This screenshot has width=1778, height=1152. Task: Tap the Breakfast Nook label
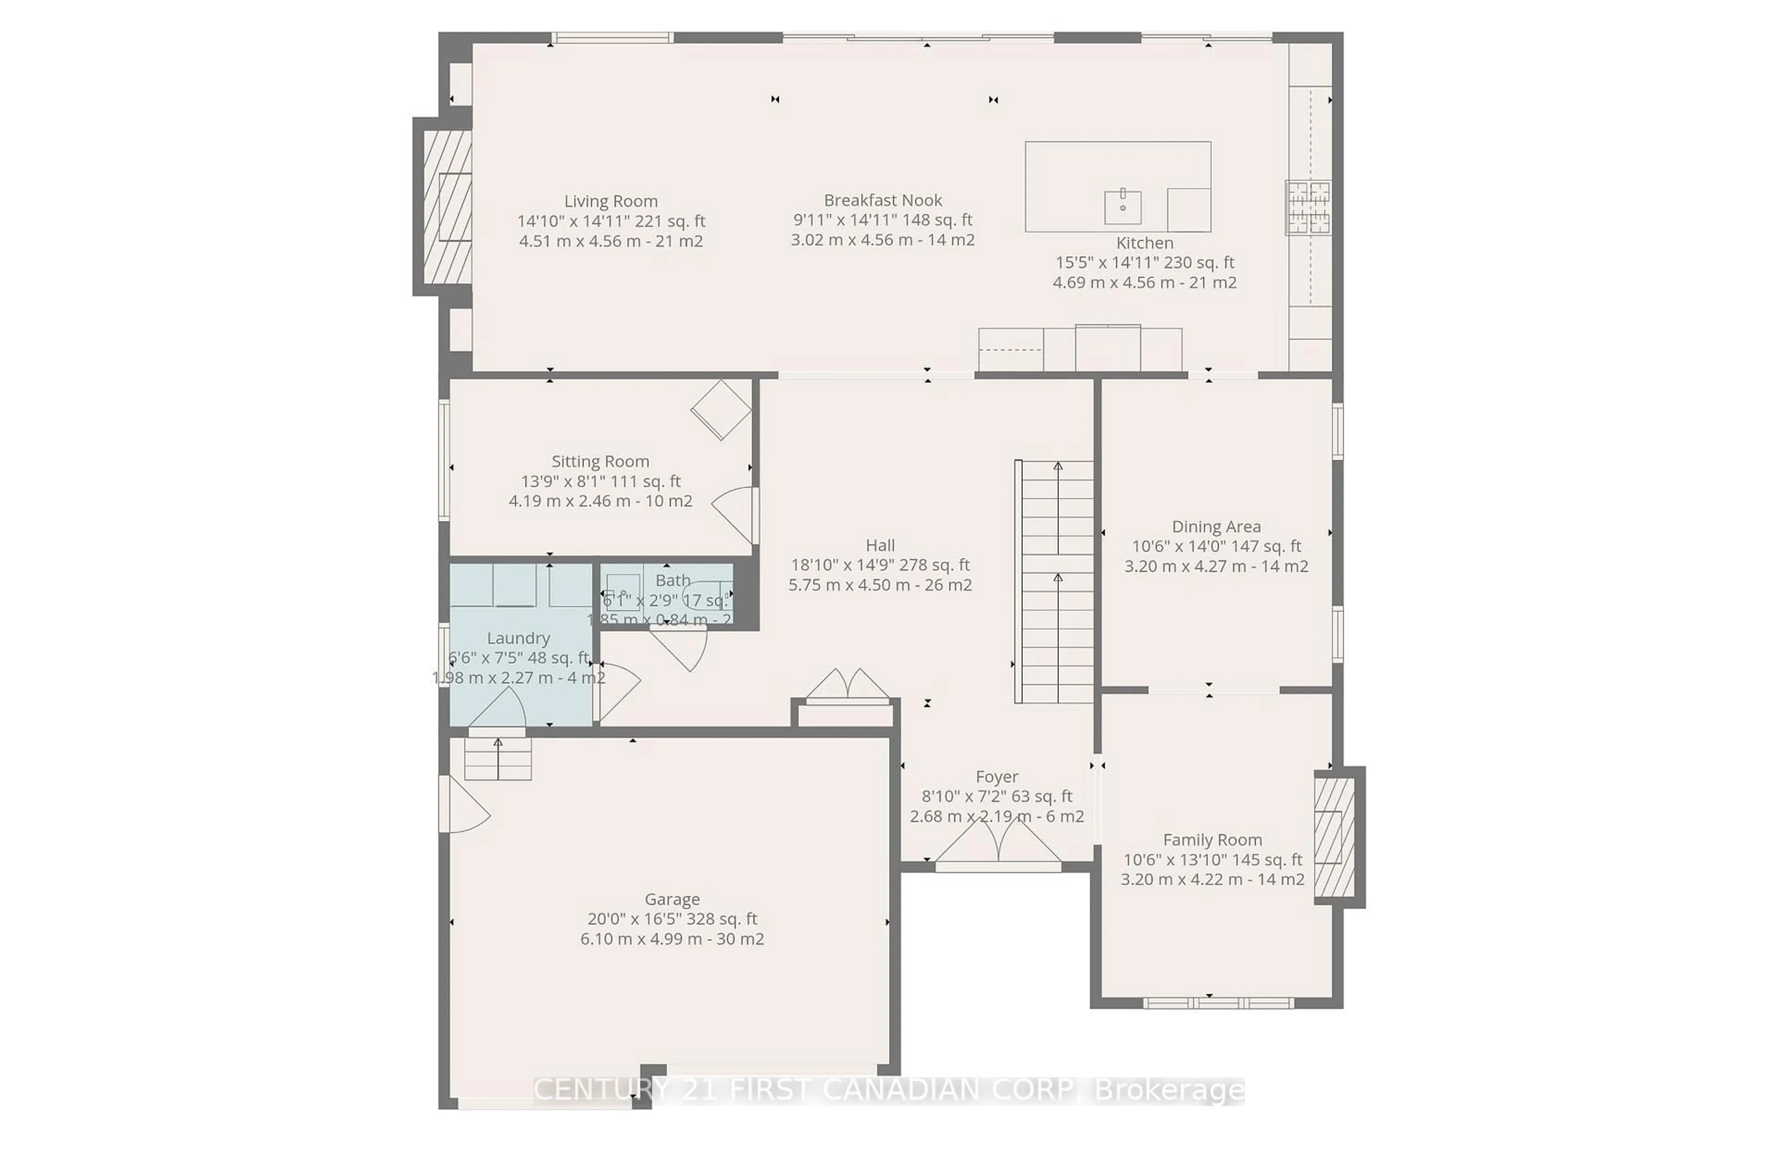[882, 200]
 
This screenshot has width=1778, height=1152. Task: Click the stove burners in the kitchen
[1308, 208]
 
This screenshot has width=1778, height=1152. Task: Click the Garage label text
[671, 899]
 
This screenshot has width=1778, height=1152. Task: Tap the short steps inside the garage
[498, 759]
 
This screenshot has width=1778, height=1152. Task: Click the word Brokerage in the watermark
[1169, 1091]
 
